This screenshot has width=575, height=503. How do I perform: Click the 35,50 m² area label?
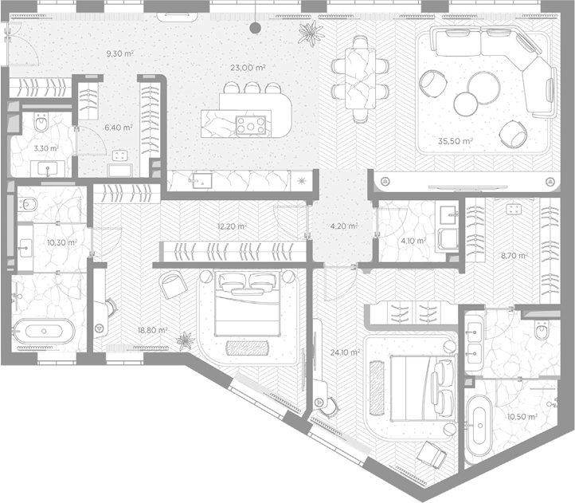455,141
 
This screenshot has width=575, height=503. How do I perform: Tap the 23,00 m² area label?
248,68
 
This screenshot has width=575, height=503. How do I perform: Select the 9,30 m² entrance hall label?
120,53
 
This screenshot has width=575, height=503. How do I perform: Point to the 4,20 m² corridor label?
344,226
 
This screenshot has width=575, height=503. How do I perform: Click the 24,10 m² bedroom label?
345,352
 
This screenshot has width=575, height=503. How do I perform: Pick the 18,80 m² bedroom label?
153,330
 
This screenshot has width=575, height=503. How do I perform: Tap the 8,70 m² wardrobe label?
514,255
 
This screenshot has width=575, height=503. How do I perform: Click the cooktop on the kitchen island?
251,125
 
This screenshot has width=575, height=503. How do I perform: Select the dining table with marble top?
361,79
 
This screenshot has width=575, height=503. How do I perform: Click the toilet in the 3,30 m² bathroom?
41,122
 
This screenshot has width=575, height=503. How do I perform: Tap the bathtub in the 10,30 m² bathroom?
44,331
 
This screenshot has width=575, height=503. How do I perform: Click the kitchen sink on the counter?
201,179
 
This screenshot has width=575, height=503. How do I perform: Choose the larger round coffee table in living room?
484,88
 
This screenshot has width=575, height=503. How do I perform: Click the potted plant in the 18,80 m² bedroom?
185,341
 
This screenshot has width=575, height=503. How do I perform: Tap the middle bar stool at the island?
252,88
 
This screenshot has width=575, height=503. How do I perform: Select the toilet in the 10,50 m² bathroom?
542,330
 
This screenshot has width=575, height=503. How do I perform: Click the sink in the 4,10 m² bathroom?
448,214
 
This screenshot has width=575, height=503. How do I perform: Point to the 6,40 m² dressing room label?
119,128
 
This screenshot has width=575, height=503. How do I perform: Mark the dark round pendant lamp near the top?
255,28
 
